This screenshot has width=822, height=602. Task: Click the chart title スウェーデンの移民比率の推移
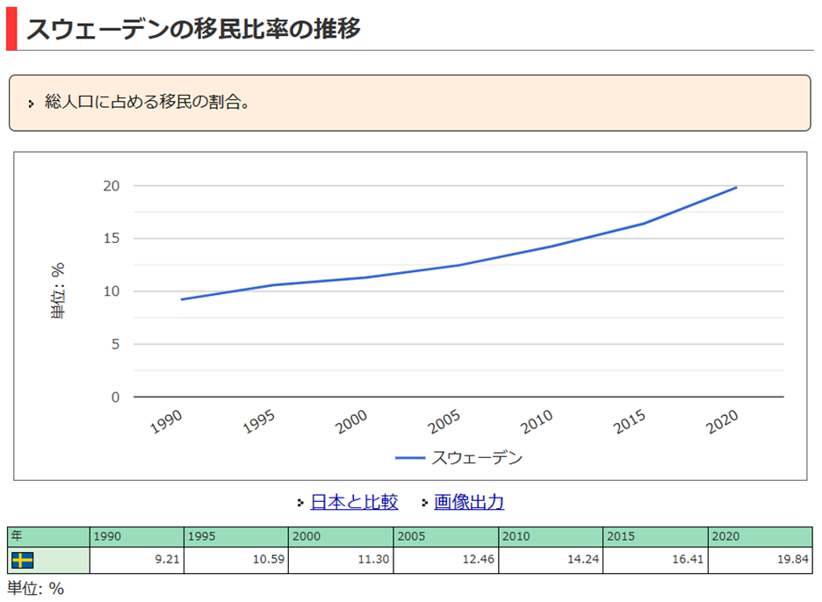click(193, 29)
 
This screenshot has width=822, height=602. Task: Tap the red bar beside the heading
click(11, 29)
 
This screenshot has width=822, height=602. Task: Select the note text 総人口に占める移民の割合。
click(148, 103)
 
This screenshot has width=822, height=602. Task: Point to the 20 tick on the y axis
click(111, 186)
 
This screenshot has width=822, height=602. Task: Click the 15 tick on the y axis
click(111, 239)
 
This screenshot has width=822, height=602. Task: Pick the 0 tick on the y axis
click(114, 398)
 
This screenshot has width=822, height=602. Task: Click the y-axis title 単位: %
click(59, 291)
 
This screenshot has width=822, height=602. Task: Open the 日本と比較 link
click(354, 502)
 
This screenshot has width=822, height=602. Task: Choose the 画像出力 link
click(469, 502)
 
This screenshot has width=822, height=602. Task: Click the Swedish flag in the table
click(22, 560)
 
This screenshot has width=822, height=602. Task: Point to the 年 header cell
click(48, 536)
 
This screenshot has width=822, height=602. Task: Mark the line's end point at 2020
click(737, 187)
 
